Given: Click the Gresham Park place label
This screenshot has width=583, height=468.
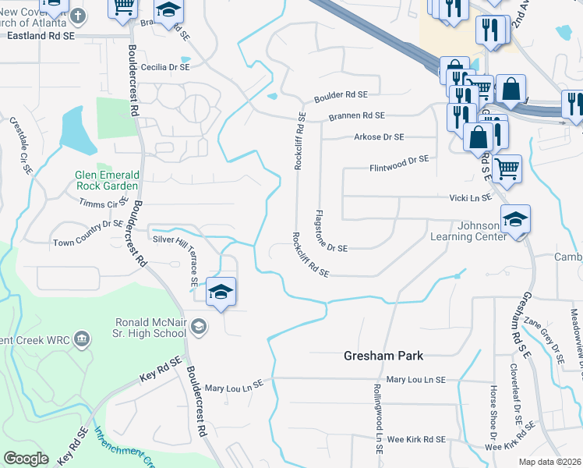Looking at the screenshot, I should coord(383,356).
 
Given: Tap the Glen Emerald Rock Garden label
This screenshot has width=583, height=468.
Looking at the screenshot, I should coord(107,180).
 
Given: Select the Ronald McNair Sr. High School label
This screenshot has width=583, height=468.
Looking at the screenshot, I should coord(150,328).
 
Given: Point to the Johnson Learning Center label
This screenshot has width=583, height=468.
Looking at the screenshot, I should coord(468,231).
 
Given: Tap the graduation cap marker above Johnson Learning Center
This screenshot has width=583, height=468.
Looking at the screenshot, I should coord(515,220).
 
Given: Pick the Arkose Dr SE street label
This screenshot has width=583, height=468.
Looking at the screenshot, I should coord(379,137).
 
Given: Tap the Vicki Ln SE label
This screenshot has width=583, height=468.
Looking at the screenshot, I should coord(470,198).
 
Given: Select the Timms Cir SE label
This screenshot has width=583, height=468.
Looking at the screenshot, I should coord(104,202).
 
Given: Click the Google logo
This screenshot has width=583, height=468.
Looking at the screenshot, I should coord(26,459).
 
